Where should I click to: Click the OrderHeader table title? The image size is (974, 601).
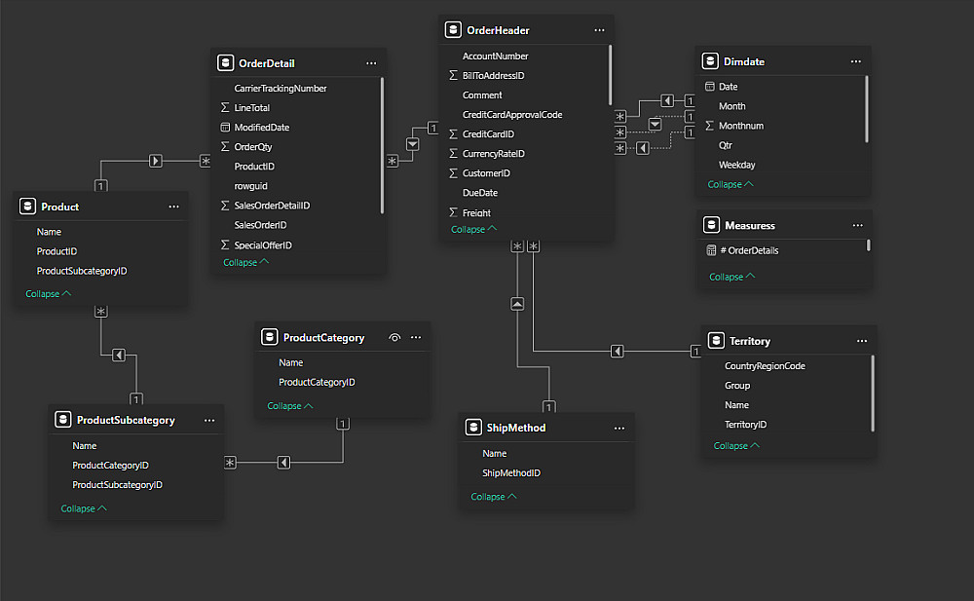pyautogui.click(x=497, y=30)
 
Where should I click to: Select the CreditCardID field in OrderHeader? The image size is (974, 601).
pyautogui.click(x=488, y=134)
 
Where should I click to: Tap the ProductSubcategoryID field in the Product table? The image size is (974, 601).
pyautogui.click(x=82, y=271)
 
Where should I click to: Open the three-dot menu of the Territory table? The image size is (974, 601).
pyautogui.click(x=862, y=341)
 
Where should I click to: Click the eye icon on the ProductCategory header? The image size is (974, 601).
pyautogui.click(x=394, y=338)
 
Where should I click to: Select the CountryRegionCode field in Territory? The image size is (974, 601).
pyautogui.click(x=765, y=366)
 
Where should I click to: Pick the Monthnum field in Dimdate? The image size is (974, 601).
pyautogui.click(x=741, y=126)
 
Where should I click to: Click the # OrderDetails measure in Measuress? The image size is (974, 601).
pyautogui.click(x=749, y=250)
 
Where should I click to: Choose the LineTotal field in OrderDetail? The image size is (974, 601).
pyautogui.click(x=252, y=108)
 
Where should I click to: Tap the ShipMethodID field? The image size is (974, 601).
pyautogui.click(x=511, y=473)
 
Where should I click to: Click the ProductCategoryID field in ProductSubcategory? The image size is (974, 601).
pyautogui.click(x=110, y=466)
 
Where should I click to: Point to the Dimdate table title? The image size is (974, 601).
pyautogui.click(x=744, y=61)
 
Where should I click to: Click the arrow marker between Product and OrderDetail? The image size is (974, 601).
pyautogui.click(x=156, y=161)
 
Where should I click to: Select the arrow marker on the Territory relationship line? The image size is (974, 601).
pyautogui.click(x=617, y=352)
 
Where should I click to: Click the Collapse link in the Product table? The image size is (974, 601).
pyautogui.click(x=49, y=294)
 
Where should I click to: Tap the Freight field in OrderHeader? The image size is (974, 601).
pyautogui.click(x=476, y=212)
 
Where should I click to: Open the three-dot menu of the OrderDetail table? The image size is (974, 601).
pyautogui.click(x=371, y=63)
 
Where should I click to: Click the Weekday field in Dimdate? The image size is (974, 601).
pyautogui.click(x=736, y=165)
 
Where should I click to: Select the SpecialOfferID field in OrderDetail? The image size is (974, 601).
pyautogui.click(x=263, y=245)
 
